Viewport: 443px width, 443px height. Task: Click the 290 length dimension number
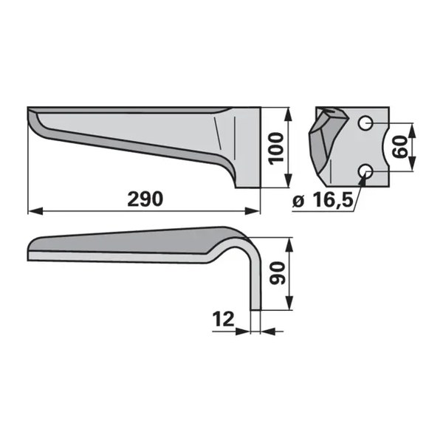[145, 199]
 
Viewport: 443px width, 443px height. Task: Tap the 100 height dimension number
[276, 148]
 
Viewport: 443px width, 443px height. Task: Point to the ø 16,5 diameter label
[323, 201]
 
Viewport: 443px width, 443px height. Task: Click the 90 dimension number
[277, 273]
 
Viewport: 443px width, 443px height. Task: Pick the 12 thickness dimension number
[224, 319]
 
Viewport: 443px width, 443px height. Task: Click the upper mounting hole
[365, 123]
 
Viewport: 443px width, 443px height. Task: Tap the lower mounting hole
[365, 171]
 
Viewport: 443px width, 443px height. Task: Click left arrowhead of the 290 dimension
[35, 210]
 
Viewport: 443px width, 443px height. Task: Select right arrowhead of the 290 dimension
[252, 210]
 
